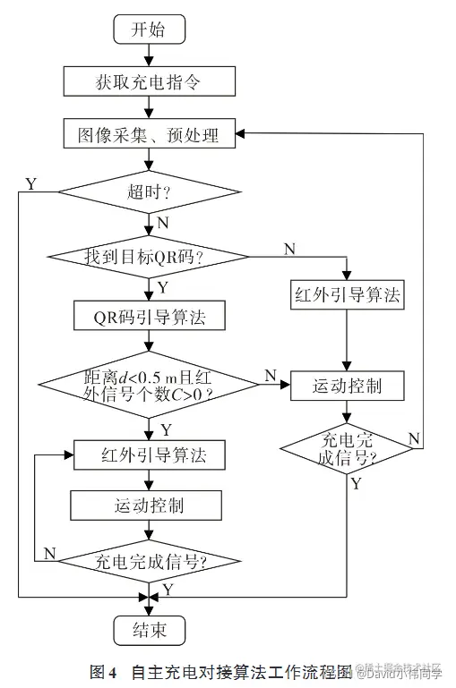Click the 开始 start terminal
pyautogui.click(x=149, y=29)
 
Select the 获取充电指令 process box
pyautogui.click(x=149, y=82)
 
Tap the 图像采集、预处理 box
pyautogui.click(x=149, y=135)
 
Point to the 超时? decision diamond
pyautogui.click(x=149, y=191)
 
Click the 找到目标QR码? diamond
pyautogui.click(x=149, y=257)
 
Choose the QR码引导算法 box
pyautogui.click(x=149, y=316)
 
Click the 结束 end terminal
pyautogui.click(x=149, y=630)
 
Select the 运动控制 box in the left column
pyautogui.click(x=149, y=505)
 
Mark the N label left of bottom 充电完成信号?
pyautogui.click(x=49, y=553)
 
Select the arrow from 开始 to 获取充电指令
pyautogui.click(x=149, y=55)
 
